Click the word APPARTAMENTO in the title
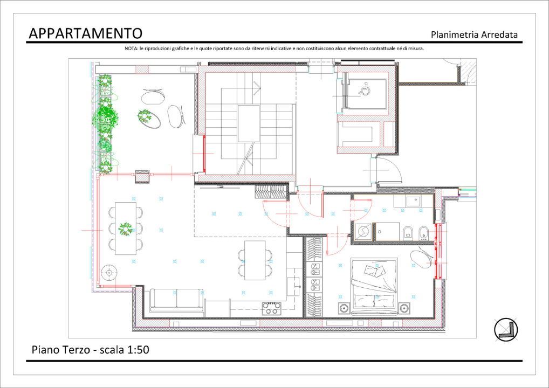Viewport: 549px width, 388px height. pos(85,33)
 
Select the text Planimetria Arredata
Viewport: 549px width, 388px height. pos(474,35)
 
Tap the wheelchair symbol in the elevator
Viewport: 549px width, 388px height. pos(365,89)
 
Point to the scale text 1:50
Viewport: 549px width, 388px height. pos(138,350)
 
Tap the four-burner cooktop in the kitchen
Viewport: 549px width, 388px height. pos(271,308)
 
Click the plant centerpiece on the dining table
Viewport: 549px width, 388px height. pos(126,229)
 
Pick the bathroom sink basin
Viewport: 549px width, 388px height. pos(414,202)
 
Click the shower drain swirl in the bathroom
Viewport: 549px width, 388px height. pos(362,231)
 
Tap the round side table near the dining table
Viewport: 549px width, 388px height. pos(109,273)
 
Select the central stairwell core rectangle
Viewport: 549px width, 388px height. pos(249,123)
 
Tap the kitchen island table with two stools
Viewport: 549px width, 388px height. pos(255,260)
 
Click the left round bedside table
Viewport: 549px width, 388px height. pos(344,308)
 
